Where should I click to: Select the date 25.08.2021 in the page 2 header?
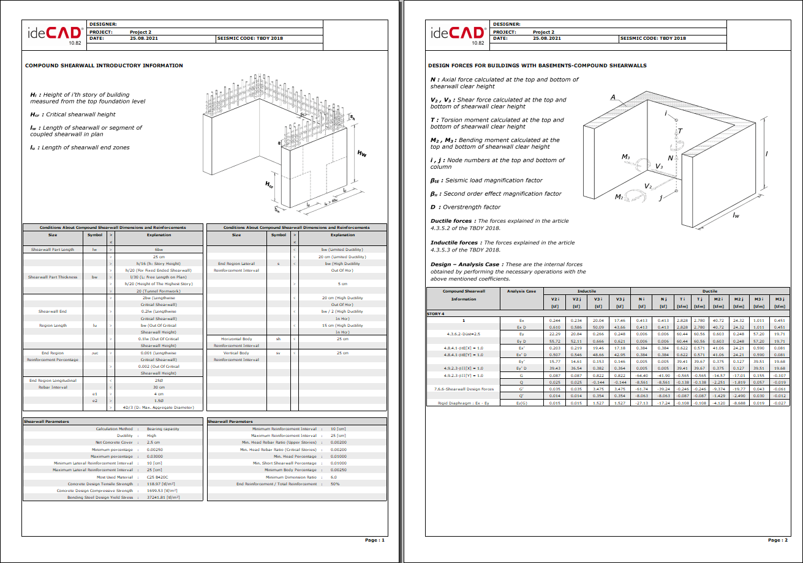[x=547, y=38]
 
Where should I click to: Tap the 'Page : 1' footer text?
[x=375, y=540]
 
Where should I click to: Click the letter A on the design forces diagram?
[x=613, y=97]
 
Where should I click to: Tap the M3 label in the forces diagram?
[x=625, y=157]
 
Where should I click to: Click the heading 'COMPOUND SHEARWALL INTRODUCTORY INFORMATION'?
[x=104, y=65]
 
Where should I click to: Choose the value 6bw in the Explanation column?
[x=159, y=250]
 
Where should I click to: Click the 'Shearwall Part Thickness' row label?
[x=52, y=277]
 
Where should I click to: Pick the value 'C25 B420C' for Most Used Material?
[x=158, y=477]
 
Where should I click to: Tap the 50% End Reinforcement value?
[x=335, y=483]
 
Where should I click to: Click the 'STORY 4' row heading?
[x=435, y=313]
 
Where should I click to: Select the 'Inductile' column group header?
[x=587, y=291]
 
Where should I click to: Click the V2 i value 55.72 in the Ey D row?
[x=555, y=341]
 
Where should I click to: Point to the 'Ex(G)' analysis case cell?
[x=522, y=403]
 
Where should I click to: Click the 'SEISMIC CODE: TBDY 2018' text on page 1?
[x=251, y=38]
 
